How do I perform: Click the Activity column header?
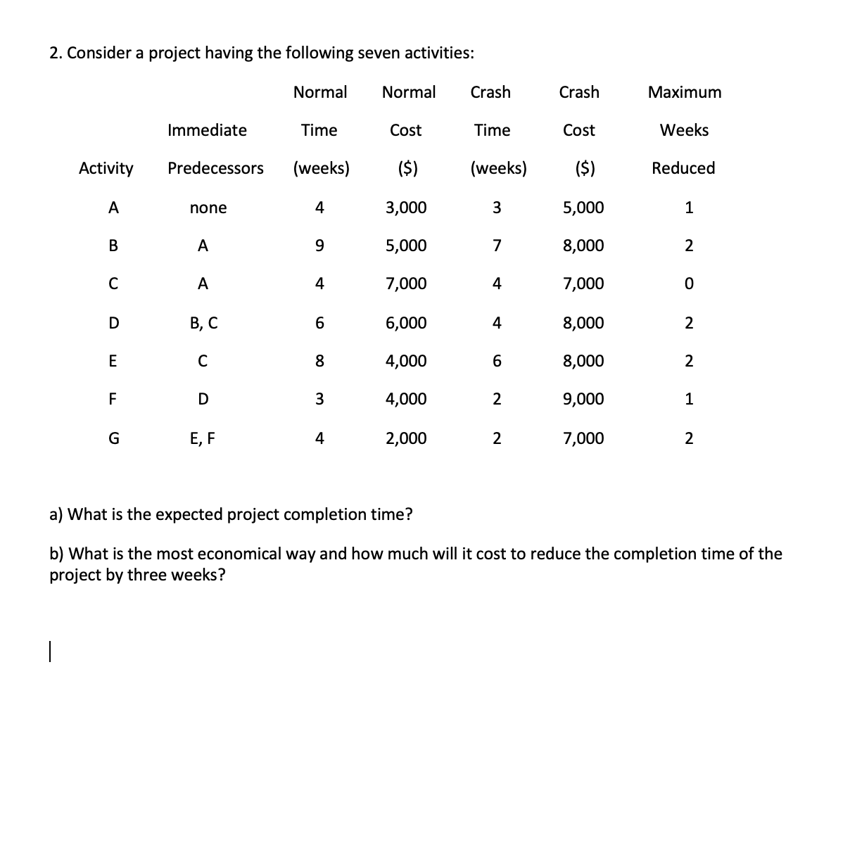[106, 168]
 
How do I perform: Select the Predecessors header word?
[215, 168]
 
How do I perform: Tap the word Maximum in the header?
[684, 92]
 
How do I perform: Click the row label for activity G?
[113, 438]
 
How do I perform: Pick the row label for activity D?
[113, 323]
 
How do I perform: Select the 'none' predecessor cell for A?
[208, 208]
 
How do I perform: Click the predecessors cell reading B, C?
[203, 323]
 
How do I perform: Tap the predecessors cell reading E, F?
[203, 438]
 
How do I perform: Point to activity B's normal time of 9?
[319, 246]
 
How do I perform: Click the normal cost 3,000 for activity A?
[406, 208]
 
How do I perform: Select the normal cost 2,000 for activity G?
[406, 438]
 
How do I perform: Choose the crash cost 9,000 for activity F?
[583, 399]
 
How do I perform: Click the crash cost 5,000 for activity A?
[583, 208]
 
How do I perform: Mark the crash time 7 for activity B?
[497, 246]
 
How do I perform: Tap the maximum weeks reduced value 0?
[689, 284]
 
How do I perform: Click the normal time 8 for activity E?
[319, 361]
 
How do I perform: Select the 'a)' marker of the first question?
[56, 514]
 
